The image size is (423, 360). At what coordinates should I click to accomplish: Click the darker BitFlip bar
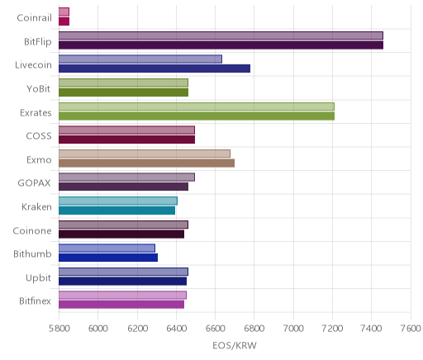click(x=221, y=45)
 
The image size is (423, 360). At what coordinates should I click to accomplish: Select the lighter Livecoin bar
click(x=140, y=59)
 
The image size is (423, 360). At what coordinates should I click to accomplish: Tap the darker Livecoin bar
click(x=154, y=69)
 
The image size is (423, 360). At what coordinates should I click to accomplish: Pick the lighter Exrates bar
click(x=197, y=107)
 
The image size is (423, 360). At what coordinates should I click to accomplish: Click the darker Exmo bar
click(x=146, y=163)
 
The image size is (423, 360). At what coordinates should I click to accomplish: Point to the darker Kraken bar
click(x=116, y=211)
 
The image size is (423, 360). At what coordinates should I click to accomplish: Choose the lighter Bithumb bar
click(x=107, y=248)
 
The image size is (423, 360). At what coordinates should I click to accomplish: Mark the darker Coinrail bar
click(x=64, y=21)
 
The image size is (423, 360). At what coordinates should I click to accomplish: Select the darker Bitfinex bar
click(x=121, y=305)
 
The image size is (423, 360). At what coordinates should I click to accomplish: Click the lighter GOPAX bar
click(x=126, y=178)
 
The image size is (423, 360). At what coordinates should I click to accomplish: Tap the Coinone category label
click(x=32, y=230)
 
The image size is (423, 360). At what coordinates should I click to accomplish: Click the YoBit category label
click(x=39, y=89)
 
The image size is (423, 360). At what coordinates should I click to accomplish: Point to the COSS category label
click(x=39, y=136)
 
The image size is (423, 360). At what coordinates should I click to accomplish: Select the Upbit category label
click(x=39, y=278)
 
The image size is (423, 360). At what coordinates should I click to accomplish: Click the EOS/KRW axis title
click(x=235, y=345)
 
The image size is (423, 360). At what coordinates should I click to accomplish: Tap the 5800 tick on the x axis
click(x=59, y=329)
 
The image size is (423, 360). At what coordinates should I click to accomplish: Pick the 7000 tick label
click(x=293, y=329)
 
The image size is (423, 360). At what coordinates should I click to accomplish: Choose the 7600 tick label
click(x=411, y=329)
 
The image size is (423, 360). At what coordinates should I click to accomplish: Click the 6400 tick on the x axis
click(x=176, y=329)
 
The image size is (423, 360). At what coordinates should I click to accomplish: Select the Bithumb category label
click(x=32, y=253)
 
